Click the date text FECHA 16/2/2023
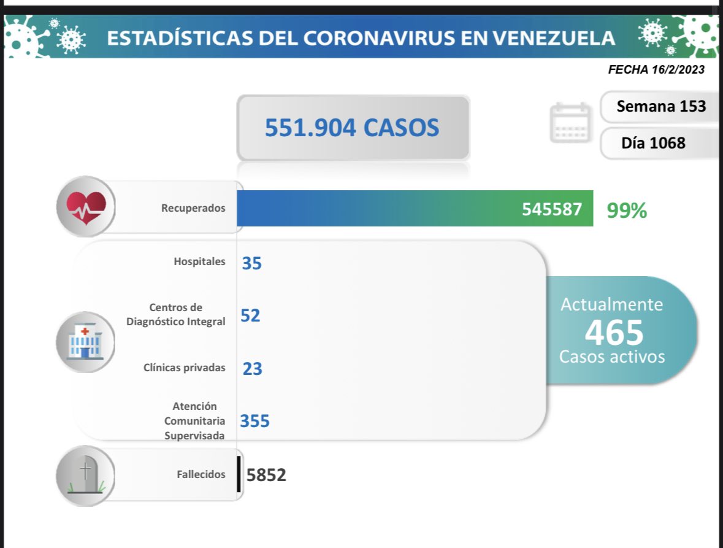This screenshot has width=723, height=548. point(656,70)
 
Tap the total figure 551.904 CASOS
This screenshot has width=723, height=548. point(352,128)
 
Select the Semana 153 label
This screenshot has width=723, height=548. point(661,107)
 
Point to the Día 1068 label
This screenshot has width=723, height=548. point(653,144)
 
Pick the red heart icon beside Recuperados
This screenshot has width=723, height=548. point(86,207)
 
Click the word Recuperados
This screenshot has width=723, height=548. point(193,208)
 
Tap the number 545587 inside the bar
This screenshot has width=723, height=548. point(552,209)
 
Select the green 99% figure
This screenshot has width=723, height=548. point(627,210)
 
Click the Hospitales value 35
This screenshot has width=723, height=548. point(251,263)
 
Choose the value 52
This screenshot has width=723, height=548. point(251,315)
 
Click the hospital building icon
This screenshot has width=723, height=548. point(85,342)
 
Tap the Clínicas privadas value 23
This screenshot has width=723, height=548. point(252,368)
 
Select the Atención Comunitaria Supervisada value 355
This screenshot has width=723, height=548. point(255,421)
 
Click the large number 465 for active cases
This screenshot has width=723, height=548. point(613,332)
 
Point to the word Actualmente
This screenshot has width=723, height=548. point(612,304)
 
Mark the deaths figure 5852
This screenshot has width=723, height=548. point(266,475)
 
